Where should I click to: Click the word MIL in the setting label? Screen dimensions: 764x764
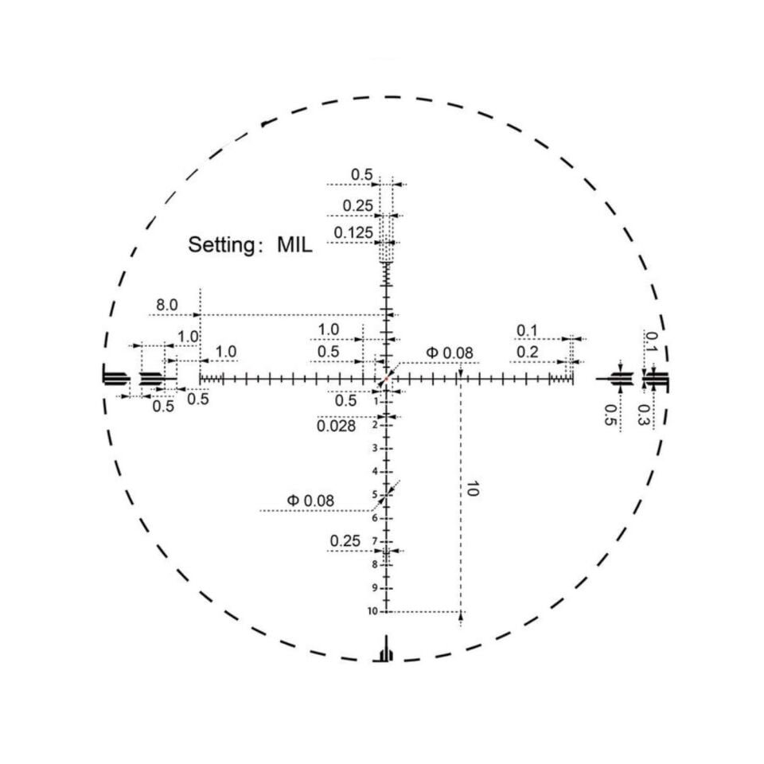point(294,244)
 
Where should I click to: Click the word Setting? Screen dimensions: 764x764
point(221,245)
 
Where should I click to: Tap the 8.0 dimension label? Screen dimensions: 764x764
point(167,306)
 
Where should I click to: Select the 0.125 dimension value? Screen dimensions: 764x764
point(353,233)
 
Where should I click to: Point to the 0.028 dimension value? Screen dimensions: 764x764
point(336,427)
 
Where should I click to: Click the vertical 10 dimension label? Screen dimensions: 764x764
point(472,488)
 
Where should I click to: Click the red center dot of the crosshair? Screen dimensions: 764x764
point(386,378)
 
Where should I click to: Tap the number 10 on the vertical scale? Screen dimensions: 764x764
point(372,611)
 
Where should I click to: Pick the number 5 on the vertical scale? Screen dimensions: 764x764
point(375,495)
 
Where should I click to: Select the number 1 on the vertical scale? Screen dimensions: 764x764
point(376,401)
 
